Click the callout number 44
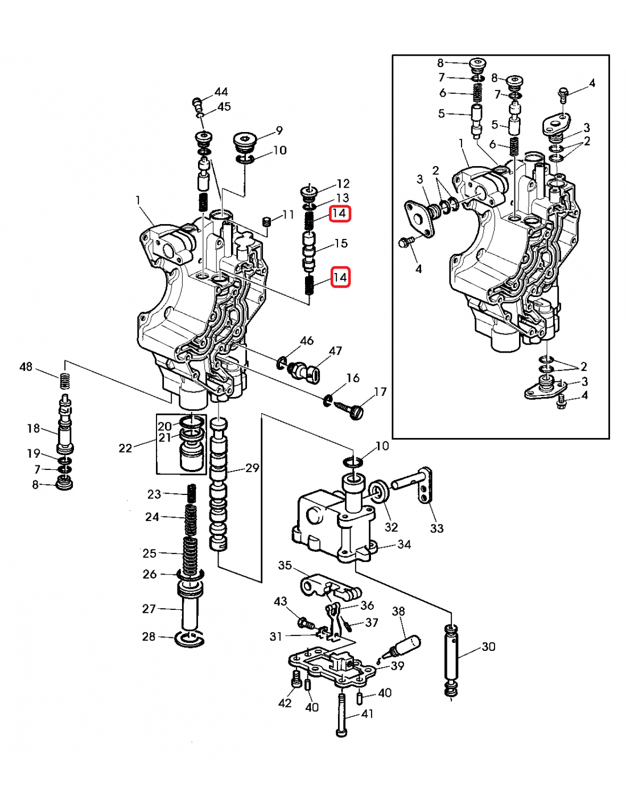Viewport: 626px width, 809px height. (221, 92)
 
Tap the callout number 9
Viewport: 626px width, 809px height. (279, 131)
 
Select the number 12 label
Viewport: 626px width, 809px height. (343, 184)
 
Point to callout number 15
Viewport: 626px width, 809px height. (341, 243)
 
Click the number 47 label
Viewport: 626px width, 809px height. (335, 351)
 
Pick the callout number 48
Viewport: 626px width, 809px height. (26, 367)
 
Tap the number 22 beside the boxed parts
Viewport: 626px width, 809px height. (125, 448)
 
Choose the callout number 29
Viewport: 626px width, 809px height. (252, 468)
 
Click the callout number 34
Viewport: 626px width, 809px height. (404, 544)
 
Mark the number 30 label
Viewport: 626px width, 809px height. (488, 647)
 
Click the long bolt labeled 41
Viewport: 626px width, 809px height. (341, 715)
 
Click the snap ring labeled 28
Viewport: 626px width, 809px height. (188, 639)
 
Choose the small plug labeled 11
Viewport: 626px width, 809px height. (265, 221)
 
